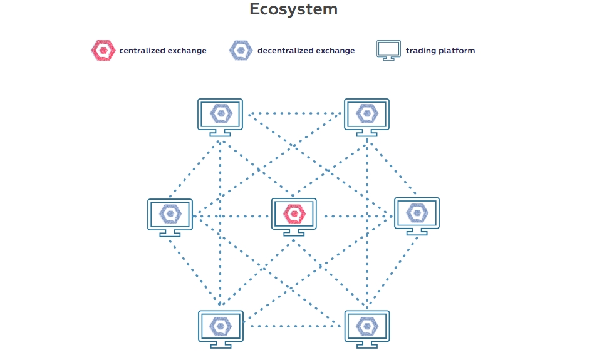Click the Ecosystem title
[293, 9]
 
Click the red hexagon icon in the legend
[102, 50]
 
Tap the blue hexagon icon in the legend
[241, 50]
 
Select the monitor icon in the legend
[388, 50]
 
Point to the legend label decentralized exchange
[306, 51]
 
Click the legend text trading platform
[440, 51]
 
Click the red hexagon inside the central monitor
[294, 213]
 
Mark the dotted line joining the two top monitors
[294, 114]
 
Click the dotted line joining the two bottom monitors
[294, 326]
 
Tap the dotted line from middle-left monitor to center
[232, 217]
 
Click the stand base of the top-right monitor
[367, 133]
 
